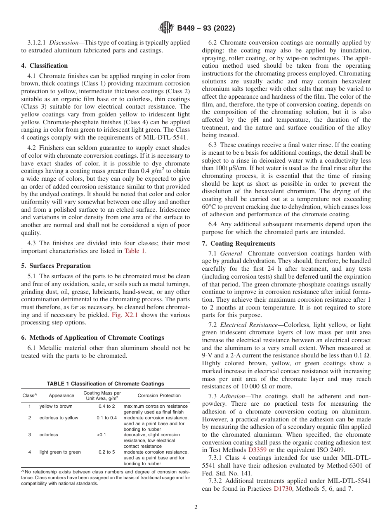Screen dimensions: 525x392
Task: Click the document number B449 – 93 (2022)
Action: pos(206,28)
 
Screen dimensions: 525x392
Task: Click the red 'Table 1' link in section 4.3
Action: pos(135,251)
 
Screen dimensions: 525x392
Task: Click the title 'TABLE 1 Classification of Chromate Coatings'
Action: pos(106,383)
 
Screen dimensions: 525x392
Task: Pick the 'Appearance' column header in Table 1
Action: pos(61,395)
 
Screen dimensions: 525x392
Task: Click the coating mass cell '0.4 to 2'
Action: pos(106,407)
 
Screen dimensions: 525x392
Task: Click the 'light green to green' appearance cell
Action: pos(60,452)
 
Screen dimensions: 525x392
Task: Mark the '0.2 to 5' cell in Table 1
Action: pos(106,452)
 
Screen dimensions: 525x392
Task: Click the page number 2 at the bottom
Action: pos(196,507)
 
